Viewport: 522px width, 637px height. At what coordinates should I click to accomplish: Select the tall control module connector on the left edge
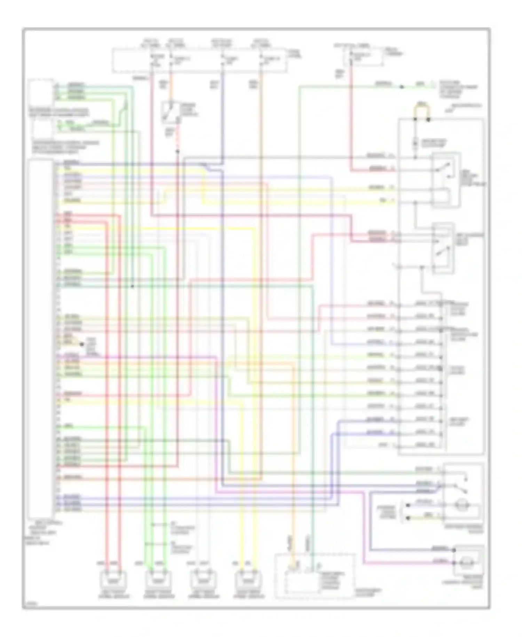coord(41,338)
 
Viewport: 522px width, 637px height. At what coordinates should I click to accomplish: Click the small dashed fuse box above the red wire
coord(363,58)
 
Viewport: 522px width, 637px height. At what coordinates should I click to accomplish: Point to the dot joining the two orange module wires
coord(82,344)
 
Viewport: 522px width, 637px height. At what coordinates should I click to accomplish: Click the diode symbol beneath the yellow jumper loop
coord(415,143)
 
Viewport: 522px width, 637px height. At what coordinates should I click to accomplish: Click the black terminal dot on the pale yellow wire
coord(408,518)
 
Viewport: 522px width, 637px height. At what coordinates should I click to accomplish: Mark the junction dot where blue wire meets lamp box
coord(454,550)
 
